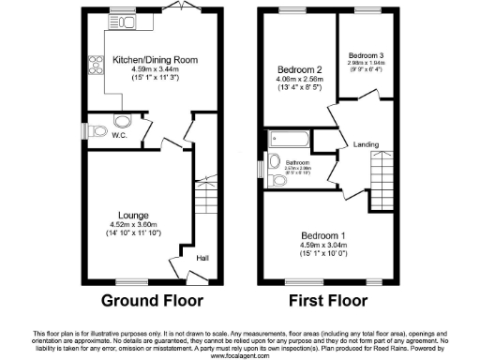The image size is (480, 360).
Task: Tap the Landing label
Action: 366,143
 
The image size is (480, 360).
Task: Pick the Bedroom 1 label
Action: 323,234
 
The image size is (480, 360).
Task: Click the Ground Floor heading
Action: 152,303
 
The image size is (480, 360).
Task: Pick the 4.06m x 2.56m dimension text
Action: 300,81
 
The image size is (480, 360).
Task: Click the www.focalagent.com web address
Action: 240,356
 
